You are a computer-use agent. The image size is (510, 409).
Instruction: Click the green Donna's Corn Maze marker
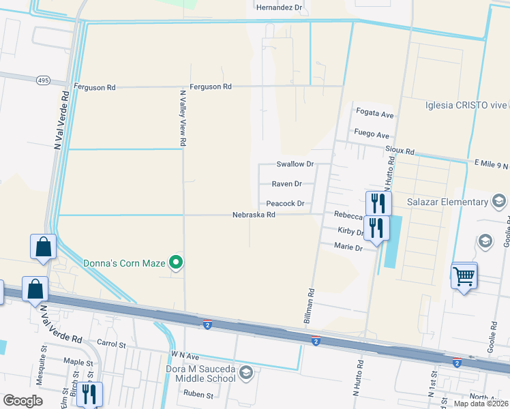point(177,262)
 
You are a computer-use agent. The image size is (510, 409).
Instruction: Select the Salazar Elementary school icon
point(498,201)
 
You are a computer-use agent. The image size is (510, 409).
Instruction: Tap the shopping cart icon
point(464,277)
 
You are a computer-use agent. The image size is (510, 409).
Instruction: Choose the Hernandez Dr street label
point(278,7)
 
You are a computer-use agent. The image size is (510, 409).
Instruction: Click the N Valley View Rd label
point(183,119)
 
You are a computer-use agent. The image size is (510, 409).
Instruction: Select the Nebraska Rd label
point(254,215)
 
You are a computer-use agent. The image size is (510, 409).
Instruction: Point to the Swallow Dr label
point(295,164)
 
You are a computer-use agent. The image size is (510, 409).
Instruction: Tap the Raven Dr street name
point(287,184)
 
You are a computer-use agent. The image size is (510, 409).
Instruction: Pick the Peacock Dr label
point(285,204)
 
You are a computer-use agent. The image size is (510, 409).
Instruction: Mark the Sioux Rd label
point(400,150)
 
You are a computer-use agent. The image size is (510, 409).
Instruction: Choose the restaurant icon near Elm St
point(89,394)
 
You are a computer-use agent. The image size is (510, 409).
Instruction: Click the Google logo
point(22,401)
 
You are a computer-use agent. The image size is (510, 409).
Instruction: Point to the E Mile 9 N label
point(492,164)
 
